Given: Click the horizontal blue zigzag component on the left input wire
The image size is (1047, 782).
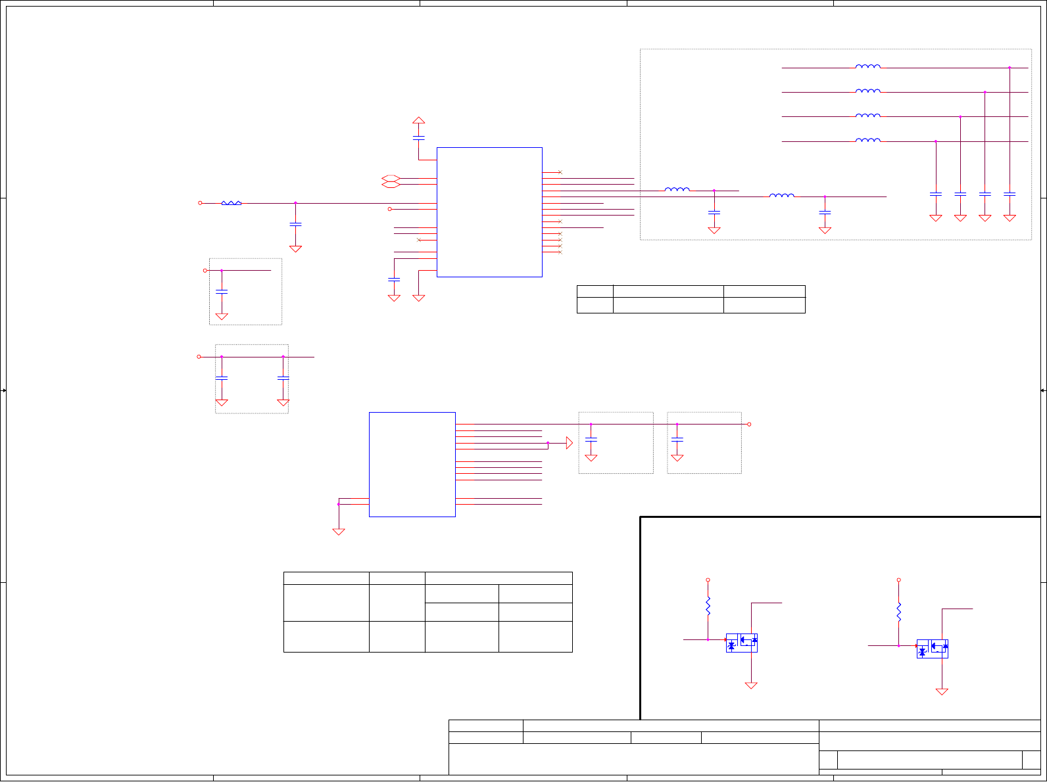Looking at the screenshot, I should coord(231,203).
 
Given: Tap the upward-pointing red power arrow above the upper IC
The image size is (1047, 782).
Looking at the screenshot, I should coord(418,120).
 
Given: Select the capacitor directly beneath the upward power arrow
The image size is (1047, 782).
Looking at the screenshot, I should coord(418,138).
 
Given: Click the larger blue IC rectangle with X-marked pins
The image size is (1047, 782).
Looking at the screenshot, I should coord(489,212).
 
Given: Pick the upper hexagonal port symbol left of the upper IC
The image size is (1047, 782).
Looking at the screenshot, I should coord(391,178).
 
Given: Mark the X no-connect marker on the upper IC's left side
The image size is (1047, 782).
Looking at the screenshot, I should coord(419,240).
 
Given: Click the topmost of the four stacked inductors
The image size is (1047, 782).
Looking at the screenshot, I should coord(867,66).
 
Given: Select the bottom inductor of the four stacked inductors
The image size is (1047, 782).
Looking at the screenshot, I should coord(867,140).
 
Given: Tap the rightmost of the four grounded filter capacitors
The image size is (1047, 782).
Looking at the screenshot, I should coord(1010,194).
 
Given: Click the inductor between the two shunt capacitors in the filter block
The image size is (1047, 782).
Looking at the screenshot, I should coord(781,195).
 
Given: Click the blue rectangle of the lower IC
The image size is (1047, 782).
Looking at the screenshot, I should coord(412,464).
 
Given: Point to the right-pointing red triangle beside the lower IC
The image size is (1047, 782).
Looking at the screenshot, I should coord(569,444).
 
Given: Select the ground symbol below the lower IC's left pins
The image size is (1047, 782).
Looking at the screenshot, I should coord(339,531).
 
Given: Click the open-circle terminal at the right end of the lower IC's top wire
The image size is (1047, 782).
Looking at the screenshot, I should coord(749,425).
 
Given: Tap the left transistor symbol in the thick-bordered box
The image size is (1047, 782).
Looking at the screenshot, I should coord(741,643).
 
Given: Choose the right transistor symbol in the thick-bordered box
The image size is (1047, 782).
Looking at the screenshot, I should coord(932,649).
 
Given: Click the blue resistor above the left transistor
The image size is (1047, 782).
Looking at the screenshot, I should coord(708,606).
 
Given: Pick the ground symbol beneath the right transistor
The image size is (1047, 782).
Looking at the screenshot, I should coord(942,691).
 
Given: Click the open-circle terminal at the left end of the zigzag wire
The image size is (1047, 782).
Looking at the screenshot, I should coord(200,203).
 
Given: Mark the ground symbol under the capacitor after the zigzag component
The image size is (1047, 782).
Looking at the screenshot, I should coord(295,248).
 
